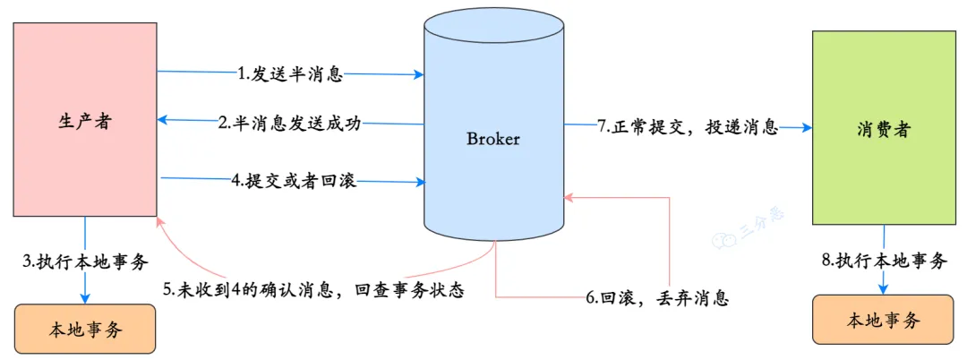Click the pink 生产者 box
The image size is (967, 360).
pos(85,121)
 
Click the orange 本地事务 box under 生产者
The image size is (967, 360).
pos(85,330)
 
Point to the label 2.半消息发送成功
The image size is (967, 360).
pos(289,124)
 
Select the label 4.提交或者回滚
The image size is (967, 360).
pos(294,182)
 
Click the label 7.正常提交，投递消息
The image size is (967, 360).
pos(687,126)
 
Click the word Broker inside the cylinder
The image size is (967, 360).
pos(493,139)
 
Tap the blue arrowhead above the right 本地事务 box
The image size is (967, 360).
pos(884,287)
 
